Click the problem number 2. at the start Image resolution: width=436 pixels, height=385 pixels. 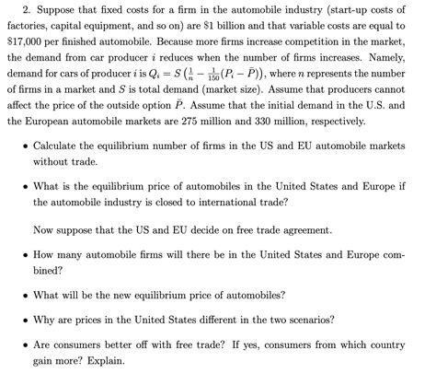[x=12, y=9]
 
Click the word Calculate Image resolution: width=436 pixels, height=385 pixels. [x=62, y=146]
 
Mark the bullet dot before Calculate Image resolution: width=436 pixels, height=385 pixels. [x=22, y=146]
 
